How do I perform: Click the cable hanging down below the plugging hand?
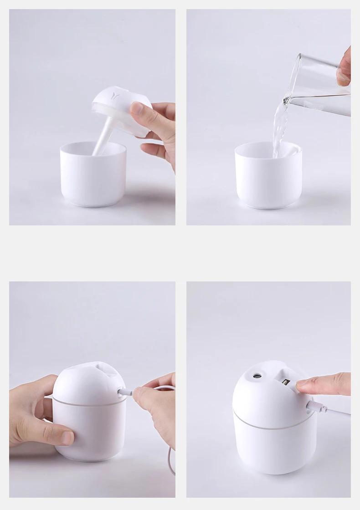point(172,460)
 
